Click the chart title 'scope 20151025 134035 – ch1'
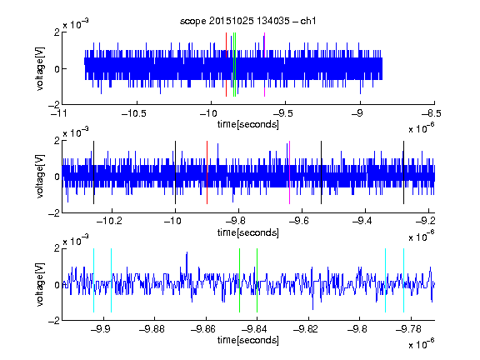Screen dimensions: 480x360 point(248,21)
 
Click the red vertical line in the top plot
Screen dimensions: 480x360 point(226,65)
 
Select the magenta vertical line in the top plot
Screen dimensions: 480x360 point(264,65)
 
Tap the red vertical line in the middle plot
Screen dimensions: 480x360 point(207,172)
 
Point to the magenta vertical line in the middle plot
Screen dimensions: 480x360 point(290,172)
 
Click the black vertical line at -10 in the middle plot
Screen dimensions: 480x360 point(175,172)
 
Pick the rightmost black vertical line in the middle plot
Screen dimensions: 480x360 point(404,172)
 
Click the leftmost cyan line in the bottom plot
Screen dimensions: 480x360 point(93,280)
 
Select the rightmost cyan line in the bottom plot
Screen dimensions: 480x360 point(404,280)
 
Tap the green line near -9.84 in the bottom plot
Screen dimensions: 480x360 point(257,280)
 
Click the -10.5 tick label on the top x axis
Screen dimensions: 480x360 point(134,113)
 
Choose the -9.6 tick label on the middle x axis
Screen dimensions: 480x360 point(298,221)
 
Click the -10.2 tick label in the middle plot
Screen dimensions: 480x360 point(109,221)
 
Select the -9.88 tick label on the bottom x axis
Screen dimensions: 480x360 point(152,329)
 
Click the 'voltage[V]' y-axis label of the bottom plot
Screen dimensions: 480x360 point(40,285)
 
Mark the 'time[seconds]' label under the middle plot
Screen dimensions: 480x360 point(248,233)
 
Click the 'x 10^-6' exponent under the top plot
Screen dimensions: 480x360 point(422,128)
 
